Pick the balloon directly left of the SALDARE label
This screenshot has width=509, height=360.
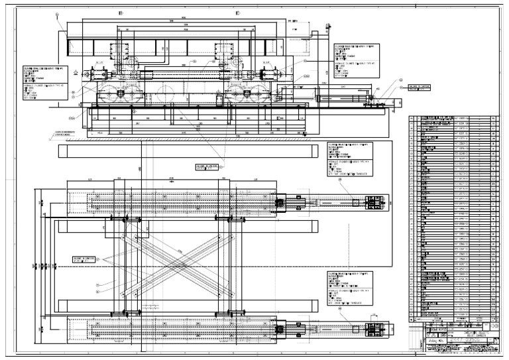coord(400,82)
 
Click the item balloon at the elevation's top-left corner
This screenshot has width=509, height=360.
coord(59,25)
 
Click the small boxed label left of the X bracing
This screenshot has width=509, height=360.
coord(87,261)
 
